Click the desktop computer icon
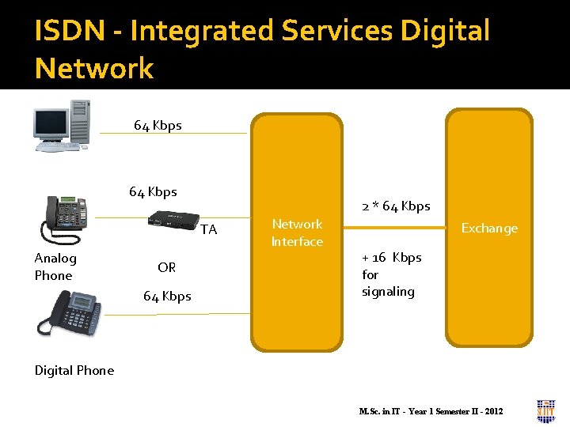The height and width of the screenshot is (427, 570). [62, 125]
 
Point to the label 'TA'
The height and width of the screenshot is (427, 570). [208, 230]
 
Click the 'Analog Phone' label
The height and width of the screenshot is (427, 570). [55, 266]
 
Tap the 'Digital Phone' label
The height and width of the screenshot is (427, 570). [74, 370]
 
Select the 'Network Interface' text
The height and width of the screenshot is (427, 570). [297, 232]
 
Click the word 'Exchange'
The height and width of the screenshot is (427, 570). [489, 229]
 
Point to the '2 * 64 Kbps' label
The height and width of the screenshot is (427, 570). [396, 206]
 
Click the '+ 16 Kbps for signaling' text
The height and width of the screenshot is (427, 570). [391, 274]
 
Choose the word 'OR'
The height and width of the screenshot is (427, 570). [166, 267]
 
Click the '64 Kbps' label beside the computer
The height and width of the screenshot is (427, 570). [158, 125]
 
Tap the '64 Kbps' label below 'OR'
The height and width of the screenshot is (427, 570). [167, 296]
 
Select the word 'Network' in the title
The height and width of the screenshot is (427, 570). [94, 69]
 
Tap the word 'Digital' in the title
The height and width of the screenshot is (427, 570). [445, 32]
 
